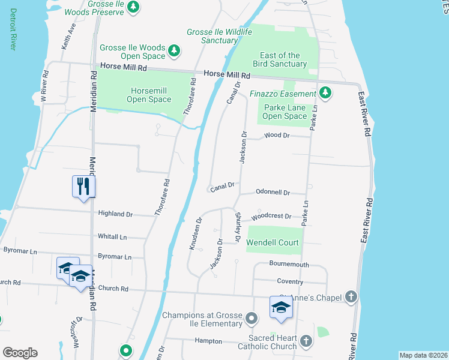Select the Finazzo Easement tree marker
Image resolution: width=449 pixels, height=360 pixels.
325,93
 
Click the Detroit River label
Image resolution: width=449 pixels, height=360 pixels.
12,29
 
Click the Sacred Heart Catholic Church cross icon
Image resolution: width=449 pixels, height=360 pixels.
306,341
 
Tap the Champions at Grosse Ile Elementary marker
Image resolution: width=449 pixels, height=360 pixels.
251,317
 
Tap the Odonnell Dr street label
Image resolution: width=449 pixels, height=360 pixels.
273,193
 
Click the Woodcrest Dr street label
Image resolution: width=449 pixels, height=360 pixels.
271,216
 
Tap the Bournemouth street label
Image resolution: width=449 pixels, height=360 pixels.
289,264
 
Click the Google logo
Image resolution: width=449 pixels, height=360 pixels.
20,353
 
